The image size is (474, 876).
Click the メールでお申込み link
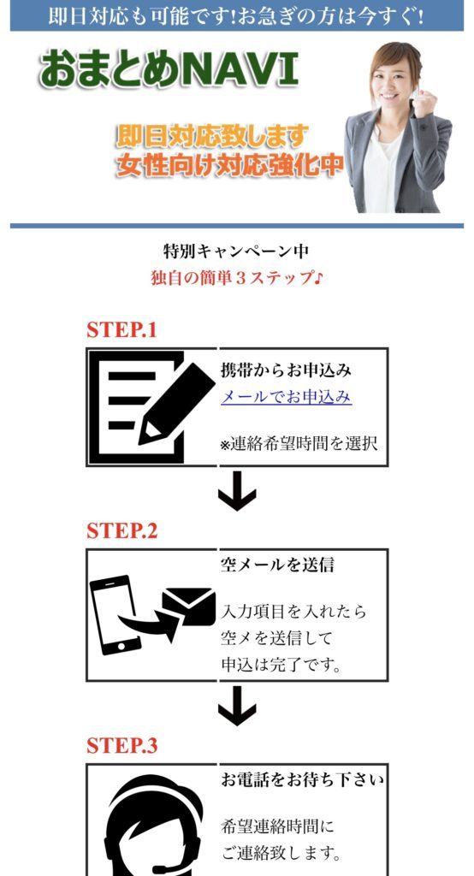click(286, 397)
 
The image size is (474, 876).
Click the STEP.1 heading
click(121, 330)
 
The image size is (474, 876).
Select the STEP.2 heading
click(121, 530)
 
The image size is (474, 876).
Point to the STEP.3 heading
click(121, 745)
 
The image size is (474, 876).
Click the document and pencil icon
click(151, 406)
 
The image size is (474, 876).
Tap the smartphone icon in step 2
click(115, 614)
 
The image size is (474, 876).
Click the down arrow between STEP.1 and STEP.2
click(237, 494)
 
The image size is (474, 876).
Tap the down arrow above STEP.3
click(237, 708)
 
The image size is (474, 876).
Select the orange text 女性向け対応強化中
click(229, 165)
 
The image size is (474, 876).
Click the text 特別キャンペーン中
click(236, 252)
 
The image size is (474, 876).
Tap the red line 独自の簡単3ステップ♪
click(236, 278)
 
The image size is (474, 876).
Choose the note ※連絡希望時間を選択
click(299, 445)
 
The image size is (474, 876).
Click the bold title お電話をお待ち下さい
click(302, 779)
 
